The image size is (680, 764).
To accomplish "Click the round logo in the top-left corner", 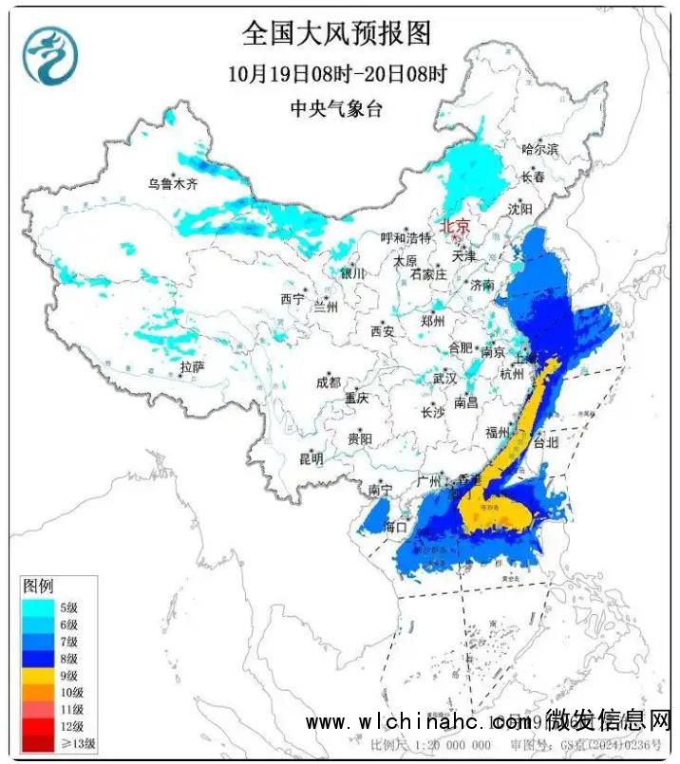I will [x=50, y=55].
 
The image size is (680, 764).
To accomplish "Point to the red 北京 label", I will [x=453, y=226].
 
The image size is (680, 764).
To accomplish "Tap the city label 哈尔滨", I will [x=540, y=149].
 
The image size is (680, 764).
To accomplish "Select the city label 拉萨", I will [x=192, y=367].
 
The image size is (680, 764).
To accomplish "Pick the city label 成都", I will [x=327, y=383].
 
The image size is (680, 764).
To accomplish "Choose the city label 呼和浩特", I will [x=406, y=238].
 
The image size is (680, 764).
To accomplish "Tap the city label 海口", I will [x=395, y=526].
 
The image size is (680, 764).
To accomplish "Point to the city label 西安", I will [x=382, y=331].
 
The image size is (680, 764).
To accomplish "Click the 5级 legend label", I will [x=67, y=607].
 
